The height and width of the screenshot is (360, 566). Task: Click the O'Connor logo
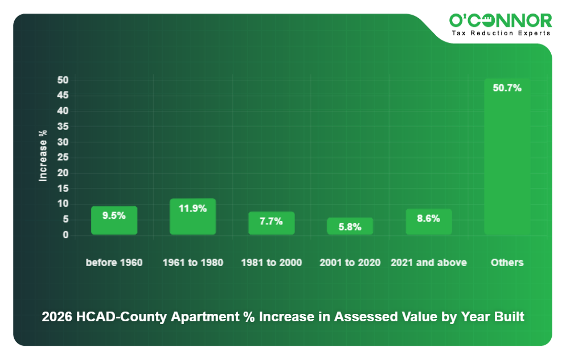[x=501, y=21]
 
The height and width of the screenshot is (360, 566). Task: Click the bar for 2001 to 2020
[x=350, y=226]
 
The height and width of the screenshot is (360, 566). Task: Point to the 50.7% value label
[x=507, y=88]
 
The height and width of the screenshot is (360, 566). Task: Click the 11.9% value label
[x=192, y=208]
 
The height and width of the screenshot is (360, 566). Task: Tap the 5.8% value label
[x=350, y=227]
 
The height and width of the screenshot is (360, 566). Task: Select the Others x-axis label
[x=507, y=263]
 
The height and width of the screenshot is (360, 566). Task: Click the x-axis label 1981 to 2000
[x=271, y=263]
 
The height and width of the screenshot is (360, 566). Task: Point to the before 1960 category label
[x=114, y=263]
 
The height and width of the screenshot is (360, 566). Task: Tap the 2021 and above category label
[x=428, y=263]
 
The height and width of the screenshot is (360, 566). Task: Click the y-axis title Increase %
[x=43, y=156]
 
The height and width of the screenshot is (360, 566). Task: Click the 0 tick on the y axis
[x=65, y=235]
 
